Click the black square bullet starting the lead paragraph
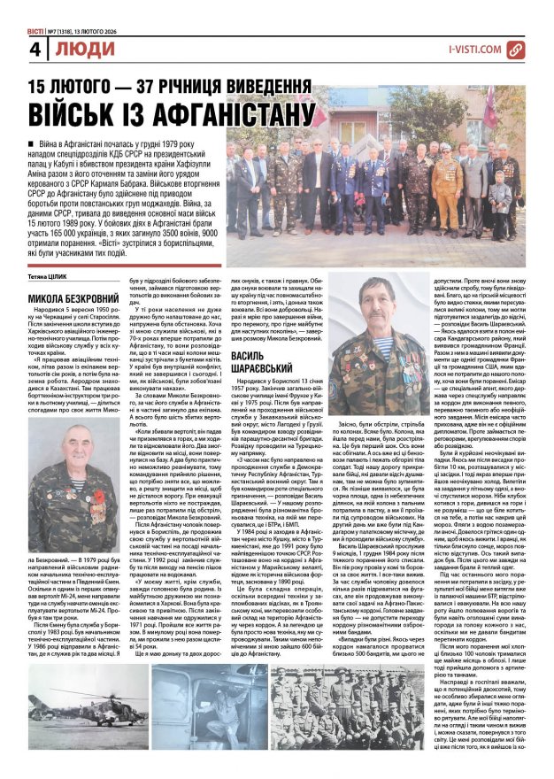pyautogui.click(x=32, y=143)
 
